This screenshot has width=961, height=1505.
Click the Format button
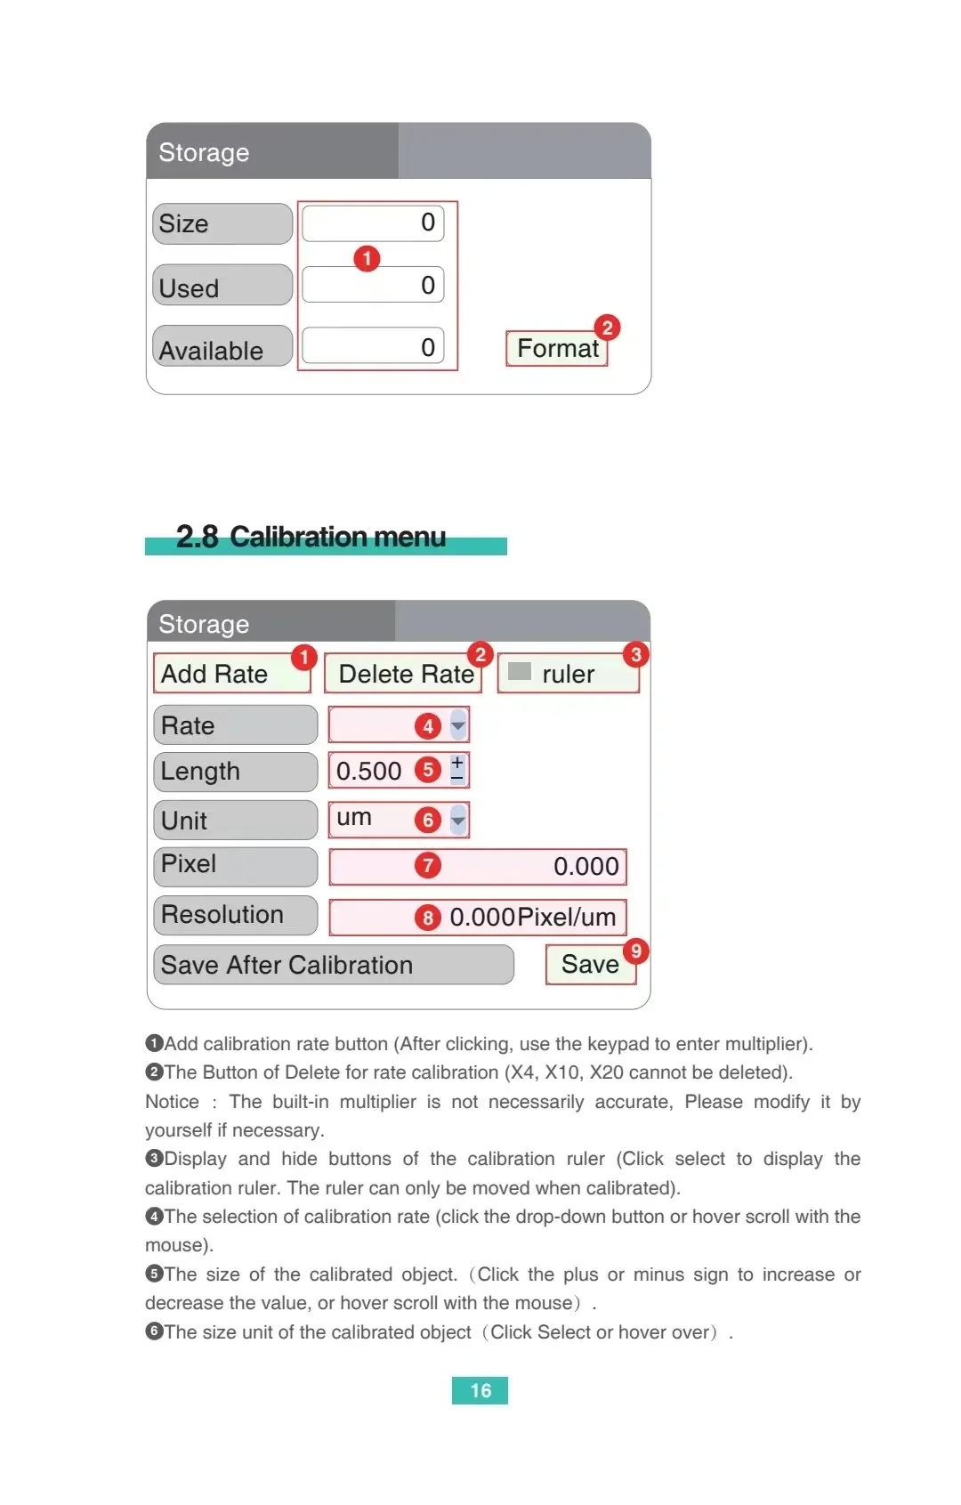(x=557, y=348)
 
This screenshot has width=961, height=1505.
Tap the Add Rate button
(x=231, y=674)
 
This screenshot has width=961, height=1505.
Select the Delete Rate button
(x=404, y=674)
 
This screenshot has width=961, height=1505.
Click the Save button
(x=590, y=964)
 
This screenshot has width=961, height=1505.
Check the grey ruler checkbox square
(x=520, y=671)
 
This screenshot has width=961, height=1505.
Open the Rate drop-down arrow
(x=458, y=725)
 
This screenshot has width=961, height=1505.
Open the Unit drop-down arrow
(x=458, y=820)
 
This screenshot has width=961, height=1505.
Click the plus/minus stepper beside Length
(x=457, y=770)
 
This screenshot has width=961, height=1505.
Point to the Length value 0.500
(x=369, y=771)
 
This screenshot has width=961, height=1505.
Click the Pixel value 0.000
(x=585, y=866)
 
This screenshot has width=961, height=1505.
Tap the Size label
(x=222, y=223)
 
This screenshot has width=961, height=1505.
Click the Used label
(x=222, y=287)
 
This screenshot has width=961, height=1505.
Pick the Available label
(x=222, y=349)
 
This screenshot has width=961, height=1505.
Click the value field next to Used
(x=373, y=285)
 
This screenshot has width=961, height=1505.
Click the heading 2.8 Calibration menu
(x=311, y=537)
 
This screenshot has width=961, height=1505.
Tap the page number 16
(x=480, y=1390)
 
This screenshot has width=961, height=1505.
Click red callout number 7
(x=428, y=865)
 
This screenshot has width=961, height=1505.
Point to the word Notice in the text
(x=173, y=1102)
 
